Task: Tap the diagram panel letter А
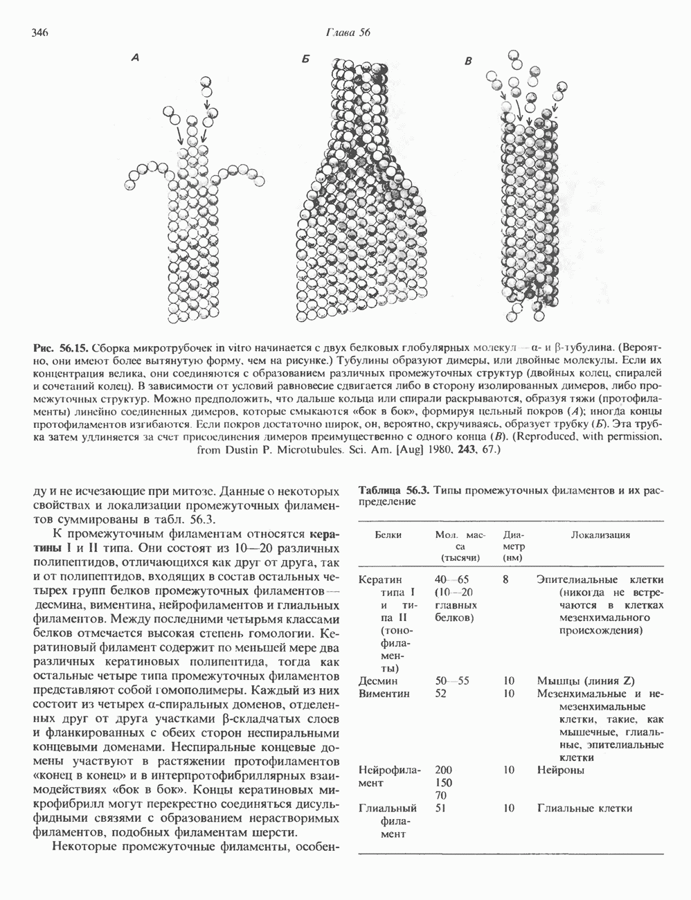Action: point(136,61)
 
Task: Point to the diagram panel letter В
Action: point(469,62)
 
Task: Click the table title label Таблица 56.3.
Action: point(391,491)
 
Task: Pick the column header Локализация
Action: point(600,535)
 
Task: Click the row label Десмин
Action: point(379,681)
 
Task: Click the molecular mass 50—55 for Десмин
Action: point(453,681)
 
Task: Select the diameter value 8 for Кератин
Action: point(508,580)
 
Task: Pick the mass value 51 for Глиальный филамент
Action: point(441,808)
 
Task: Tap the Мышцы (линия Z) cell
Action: point(586,681)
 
